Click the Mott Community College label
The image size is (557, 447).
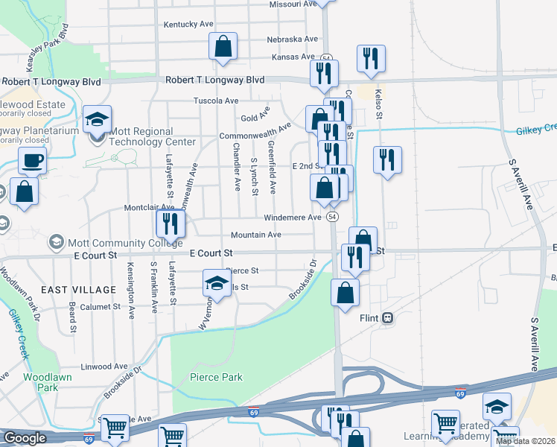125,242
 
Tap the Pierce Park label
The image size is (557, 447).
216,377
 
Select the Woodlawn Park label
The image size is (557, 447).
41,382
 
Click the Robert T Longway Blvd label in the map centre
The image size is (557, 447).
215,79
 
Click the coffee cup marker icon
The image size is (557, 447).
32,159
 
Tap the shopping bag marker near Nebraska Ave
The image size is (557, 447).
223,46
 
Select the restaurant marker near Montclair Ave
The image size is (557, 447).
170,222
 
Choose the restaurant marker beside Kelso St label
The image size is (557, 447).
386,159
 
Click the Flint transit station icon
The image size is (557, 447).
387,318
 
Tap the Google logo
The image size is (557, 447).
25,438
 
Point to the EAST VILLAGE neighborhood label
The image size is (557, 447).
78,289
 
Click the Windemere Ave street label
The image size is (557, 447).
293,218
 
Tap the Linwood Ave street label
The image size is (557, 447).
105,367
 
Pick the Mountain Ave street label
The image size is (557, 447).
255,235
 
